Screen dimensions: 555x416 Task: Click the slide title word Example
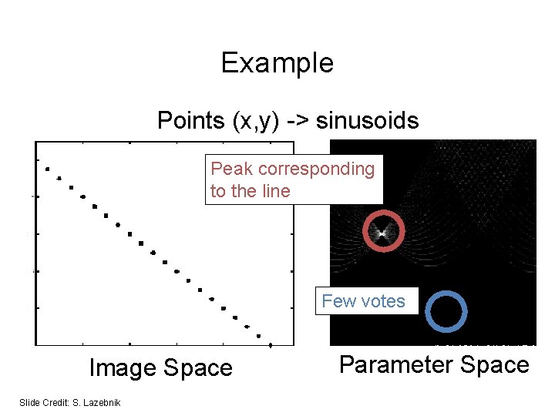point(277,62)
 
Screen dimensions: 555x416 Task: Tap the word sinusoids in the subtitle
point(367,121)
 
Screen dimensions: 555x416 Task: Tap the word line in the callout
point(276,191)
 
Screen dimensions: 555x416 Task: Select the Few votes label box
point(363,301)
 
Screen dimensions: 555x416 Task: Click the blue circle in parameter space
point(446,310)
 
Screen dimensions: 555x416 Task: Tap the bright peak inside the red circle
point(382,231)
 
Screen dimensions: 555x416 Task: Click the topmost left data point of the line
point(47,169)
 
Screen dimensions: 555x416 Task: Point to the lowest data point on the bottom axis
point(271,345)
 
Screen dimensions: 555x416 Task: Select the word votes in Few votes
point(382,301)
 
